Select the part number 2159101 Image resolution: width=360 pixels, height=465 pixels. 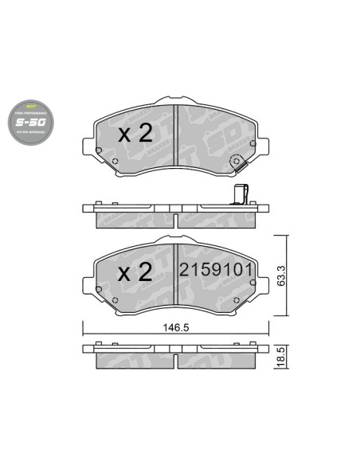tap(216, 270)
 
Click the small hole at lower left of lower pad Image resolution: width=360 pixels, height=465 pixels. tap(115, 300)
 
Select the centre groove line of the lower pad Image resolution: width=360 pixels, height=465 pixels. tap(175, 275)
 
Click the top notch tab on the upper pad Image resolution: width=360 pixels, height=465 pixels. tap(175, 100)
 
